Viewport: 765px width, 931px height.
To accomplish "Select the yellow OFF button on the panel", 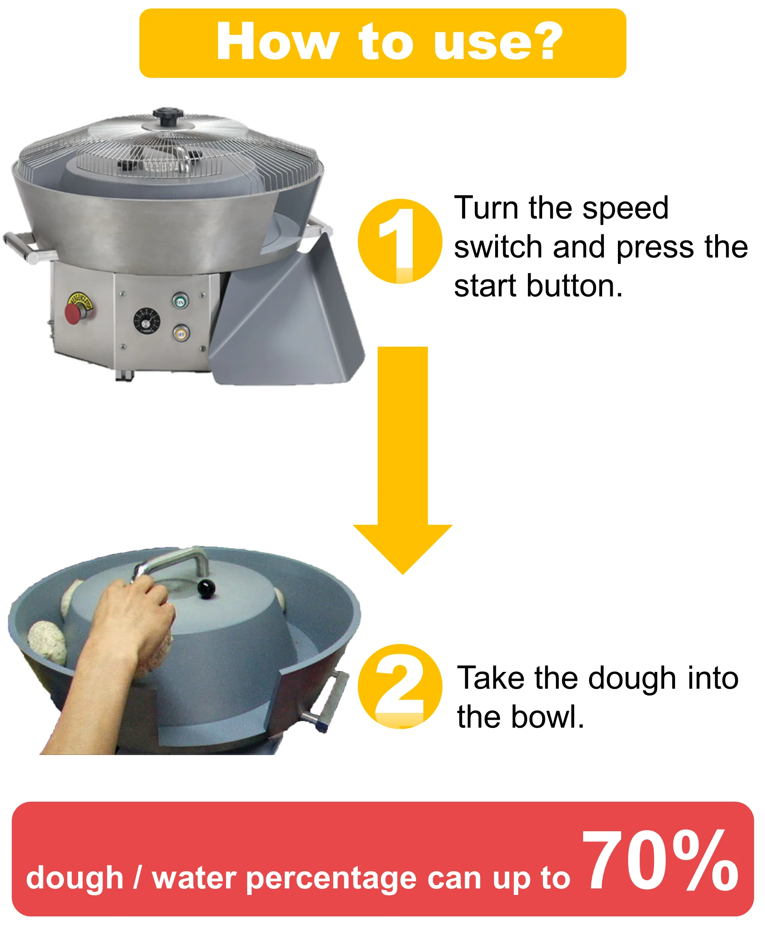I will pyautogui.click(x=181, y=333).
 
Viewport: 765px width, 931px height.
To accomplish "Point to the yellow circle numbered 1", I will pyautogui.click(x=400, y=241).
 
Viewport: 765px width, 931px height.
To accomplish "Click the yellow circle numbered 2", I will pyautogui.click(x=400, y=686).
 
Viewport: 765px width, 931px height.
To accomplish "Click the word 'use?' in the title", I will pyautogui.click(x=498, y=42).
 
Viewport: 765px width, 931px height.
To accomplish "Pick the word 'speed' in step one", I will pyautogui.click(x=625, y=208).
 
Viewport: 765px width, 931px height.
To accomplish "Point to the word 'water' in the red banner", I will pyautogui.click(x=194, y=878).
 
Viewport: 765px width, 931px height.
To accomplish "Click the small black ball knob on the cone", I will pyautogui.click(x=206, y=588).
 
